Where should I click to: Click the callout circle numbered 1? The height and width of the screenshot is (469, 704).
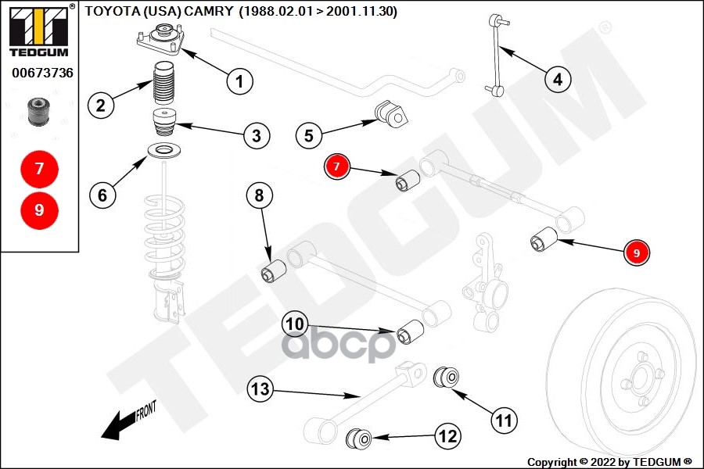(240, 79)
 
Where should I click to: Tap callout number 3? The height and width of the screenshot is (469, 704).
(256, 136)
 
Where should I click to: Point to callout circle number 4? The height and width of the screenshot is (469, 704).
(557, 79)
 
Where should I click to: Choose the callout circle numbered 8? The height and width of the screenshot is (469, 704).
(260, 195)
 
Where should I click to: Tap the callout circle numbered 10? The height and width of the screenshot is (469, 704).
(295, 322)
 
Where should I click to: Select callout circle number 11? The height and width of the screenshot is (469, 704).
(505, 420)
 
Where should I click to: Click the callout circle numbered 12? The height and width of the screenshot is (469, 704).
(447, 436)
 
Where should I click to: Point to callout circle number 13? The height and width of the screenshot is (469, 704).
(260, 387)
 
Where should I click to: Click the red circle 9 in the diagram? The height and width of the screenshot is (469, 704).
(636, 253)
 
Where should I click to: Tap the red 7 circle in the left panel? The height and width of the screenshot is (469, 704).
(39, 167)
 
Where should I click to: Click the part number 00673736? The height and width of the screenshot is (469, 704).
(42, 73)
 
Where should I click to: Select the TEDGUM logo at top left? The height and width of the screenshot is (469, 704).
(38, 30)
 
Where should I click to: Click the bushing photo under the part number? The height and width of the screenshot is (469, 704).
(38, 113)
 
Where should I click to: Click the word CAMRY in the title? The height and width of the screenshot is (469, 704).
(207, 11)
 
